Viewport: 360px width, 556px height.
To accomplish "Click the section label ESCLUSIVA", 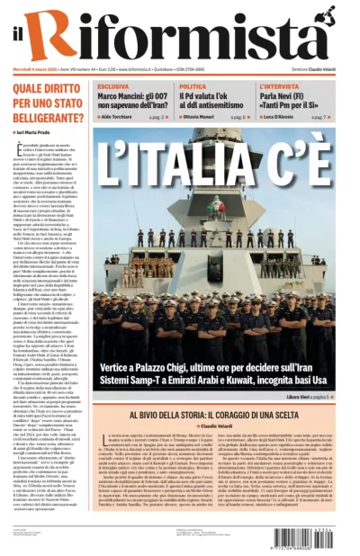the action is (113, 86).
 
